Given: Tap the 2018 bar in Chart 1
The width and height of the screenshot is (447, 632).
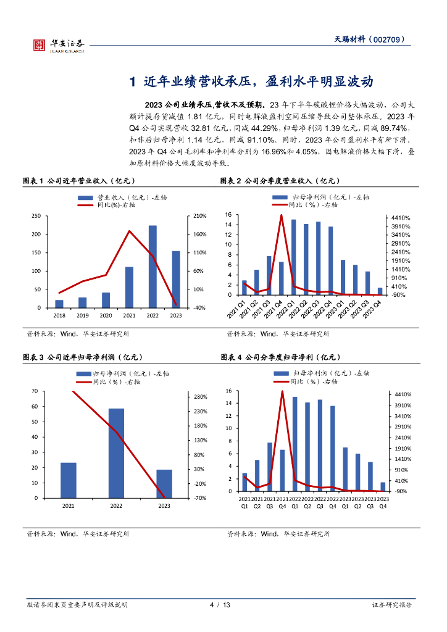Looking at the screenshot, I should [59, 304].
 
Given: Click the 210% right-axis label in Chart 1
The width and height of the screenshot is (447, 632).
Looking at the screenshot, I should [199, 216].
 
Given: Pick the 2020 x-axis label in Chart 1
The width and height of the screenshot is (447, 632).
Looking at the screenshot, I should [106, 315].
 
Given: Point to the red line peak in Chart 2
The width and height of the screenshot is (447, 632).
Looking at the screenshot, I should [282, 215].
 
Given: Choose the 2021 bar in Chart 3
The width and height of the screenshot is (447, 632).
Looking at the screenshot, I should [69, 480].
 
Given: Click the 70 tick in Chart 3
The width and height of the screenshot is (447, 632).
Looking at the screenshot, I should [36, 391].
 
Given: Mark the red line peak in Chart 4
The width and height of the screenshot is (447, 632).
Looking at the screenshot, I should [282, 391].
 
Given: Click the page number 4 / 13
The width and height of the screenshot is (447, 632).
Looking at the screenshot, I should [220, 605].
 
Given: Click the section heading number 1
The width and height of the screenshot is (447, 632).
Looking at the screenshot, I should [132, 83].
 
